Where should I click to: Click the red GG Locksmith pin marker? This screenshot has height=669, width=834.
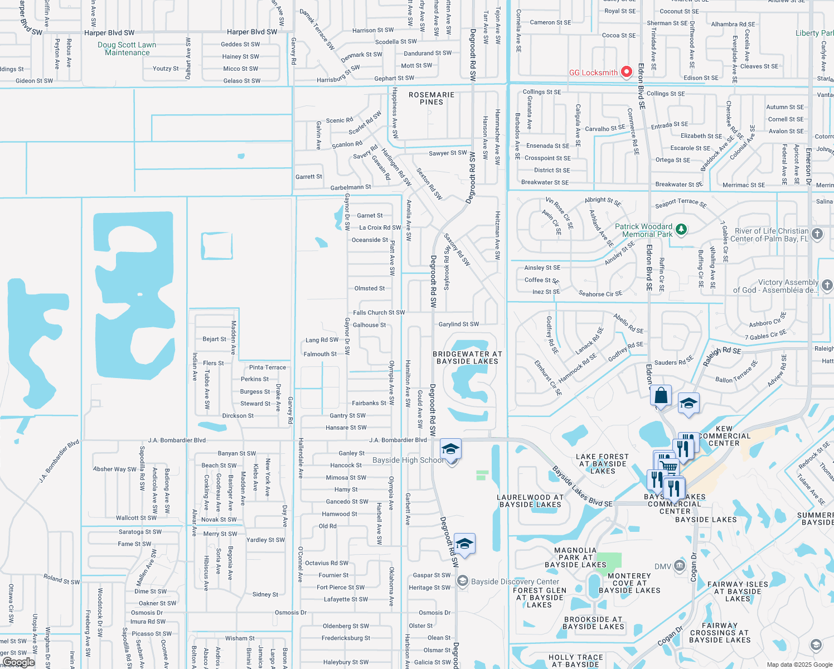point(627,71)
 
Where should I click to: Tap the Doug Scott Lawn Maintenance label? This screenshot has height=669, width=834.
point(127,49)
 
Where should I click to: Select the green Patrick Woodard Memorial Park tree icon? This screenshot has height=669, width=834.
point(681,230)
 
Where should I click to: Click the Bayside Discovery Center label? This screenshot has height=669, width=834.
point(515,581)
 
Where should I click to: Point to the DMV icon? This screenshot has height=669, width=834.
point(679,566)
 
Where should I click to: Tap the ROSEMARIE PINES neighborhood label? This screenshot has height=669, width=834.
point(431,99)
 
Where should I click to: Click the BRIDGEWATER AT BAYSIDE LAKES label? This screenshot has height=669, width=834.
point(467,358)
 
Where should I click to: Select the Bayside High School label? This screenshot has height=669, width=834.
point(408,460)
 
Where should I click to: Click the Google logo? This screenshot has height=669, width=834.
point(18,662)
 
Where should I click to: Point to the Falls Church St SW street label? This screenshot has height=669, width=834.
point(379,313)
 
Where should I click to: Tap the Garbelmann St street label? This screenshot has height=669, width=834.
point(351,187)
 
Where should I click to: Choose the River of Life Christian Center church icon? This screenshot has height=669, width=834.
point(817,234)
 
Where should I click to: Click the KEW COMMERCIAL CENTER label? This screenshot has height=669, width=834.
point(724,436)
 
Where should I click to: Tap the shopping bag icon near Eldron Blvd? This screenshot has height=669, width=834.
point(661,396)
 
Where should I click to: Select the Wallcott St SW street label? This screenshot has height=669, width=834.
point(136,518)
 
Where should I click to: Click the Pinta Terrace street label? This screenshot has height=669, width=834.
point(268,367)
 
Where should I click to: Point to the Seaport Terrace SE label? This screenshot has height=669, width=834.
point(681,203)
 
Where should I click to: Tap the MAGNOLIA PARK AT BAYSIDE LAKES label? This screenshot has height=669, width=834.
point(575,557)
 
